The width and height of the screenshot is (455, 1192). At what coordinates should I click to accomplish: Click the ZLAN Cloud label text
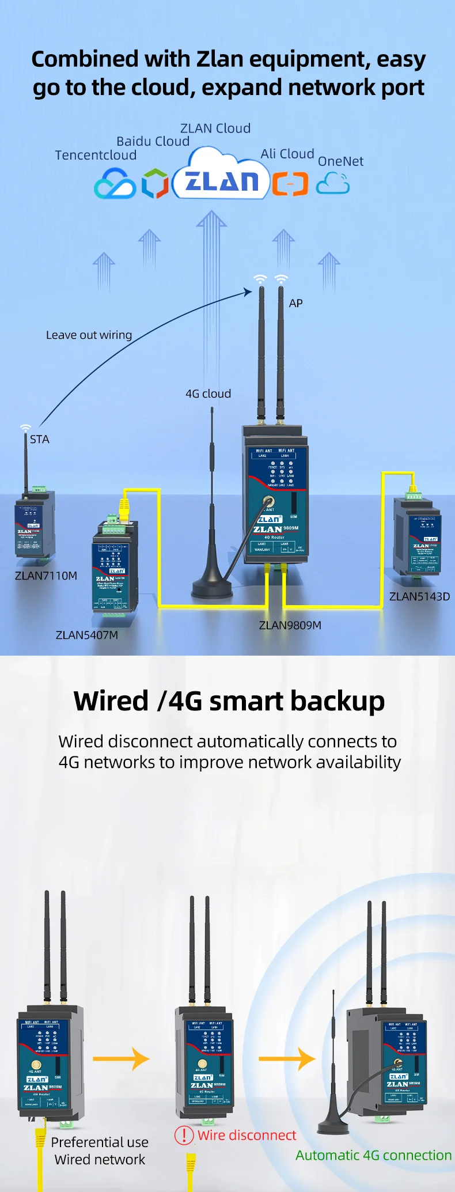(x=215, y=128)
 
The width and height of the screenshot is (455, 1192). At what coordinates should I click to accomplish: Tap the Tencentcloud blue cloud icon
(x=115, y=184)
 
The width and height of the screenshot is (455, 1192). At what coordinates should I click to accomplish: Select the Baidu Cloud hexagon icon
(x=155, y=184)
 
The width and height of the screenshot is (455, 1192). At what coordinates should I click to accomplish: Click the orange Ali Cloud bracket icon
(x=290, y=184)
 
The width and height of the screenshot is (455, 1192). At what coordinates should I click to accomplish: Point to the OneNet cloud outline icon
(x=333, y=184)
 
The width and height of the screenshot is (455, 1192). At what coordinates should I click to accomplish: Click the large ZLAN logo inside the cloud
(x=222, y=181)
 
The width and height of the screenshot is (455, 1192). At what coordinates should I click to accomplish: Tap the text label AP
(x=295, y=304)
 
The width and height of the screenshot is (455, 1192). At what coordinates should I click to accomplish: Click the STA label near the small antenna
(x=39, y=440)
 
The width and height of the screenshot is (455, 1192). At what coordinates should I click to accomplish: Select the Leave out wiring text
(x=89, y=335)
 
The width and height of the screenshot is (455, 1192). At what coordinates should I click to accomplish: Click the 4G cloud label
(x=208, y=394)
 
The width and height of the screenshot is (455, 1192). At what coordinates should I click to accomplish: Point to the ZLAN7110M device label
(x=46, y=576)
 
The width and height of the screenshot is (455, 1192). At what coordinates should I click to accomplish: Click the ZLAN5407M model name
(x=87, y=635)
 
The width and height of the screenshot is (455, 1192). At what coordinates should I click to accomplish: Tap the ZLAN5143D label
(x=419, y=596)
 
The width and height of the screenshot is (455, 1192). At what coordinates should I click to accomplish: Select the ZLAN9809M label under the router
(x=290, y=625)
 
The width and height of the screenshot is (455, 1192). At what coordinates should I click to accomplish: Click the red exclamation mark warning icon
(x=184, y=1135)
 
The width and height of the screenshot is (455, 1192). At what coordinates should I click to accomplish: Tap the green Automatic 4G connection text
(x=373, y=1155)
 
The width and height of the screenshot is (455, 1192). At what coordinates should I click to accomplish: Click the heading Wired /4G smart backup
(x=229, y=701)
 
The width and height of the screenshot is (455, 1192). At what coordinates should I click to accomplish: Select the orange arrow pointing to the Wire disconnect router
(x=121, y=1058)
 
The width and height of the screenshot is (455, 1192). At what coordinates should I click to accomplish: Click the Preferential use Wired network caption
(x=100, y=1151)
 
